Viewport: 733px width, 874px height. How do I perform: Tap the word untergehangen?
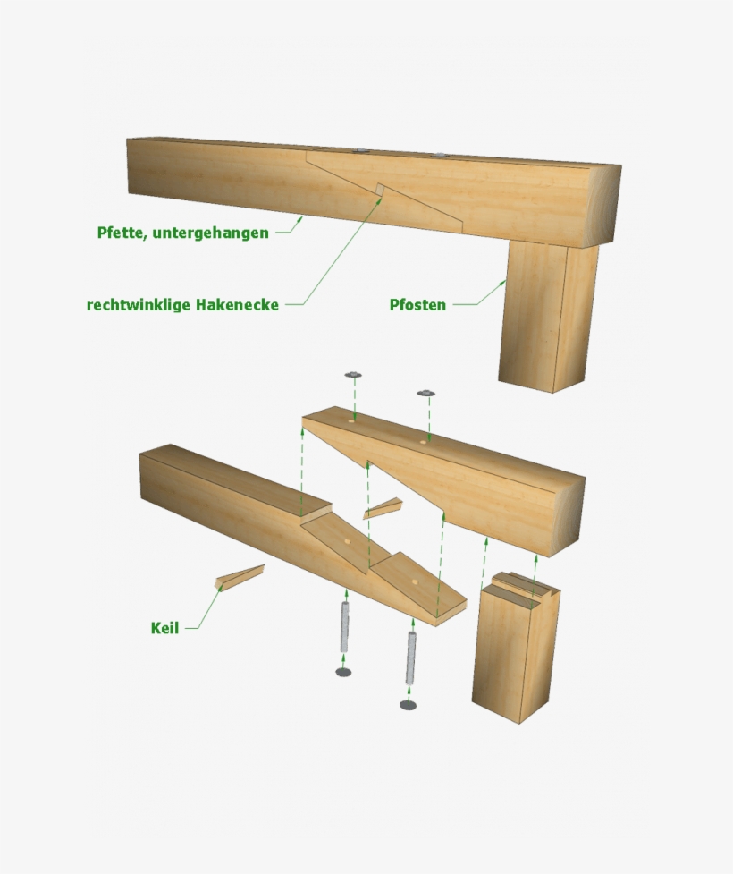211,233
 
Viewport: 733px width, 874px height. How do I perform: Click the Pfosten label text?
417,305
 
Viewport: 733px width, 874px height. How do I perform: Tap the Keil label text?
164,628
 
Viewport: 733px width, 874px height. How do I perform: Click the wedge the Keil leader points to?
240,577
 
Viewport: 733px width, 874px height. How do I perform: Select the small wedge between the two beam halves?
383,508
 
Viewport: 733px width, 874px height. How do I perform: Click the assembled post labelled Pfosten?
549,315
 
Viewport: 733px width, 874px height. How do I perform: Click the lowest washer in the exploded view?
409,705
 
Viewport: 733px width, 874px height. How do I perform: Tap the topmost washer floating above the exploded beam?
353,375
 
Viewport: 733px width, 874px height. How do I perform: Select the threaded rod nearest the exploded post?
411,658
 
